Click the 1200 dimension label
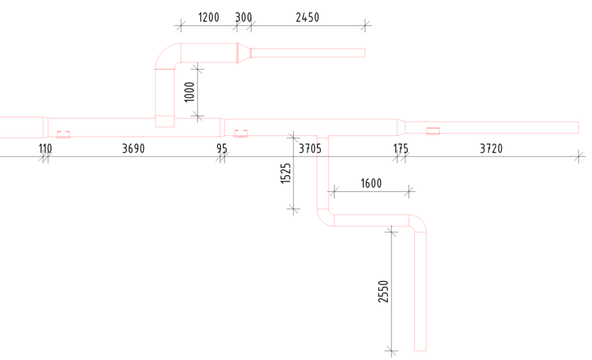point(209,17)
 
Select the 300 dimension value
point(243,17)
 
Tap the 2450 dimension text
point(308,17)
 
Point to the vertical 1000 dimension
point(190,92)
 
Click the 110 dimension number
point(45,149)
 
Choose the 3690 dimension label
point(134,149)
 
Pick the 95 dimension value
point(222,149)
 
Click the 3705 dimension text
point(310,149)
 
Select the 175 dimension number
point(401,149)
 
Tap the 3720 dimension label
point(491,149)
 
